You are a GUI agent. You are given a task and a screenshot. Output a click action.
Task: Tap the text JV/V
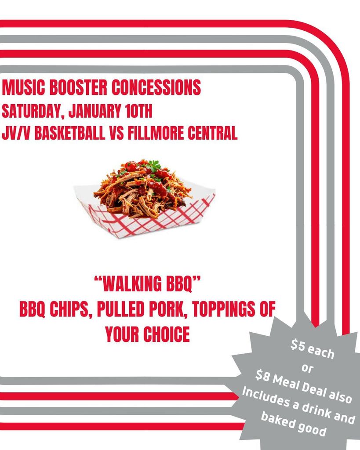pyautogui.click(x=16, y=133)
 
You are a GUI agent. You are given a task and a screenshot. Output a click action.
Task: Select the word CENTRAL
pyautogui.click(x=213, y=133)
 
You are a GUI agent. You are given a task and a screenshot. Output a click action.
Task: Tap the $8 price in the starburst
pyautogui.click(x=262, y=375)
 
